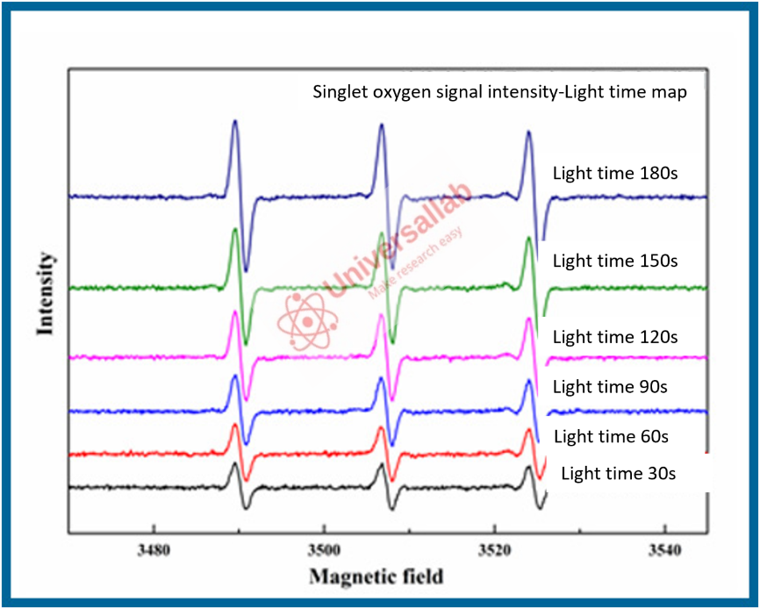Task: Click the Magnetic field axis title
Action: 376,577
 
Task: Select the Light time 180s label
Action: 615,173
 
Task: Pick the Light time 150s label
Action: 615,261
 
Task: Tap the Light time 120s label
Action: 615,336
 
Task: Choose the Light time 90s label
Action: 611,386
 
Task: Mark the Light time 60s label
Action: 611,436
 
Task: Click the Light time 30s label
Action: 618,474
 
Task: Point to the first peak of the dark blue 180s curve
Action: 234,123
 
